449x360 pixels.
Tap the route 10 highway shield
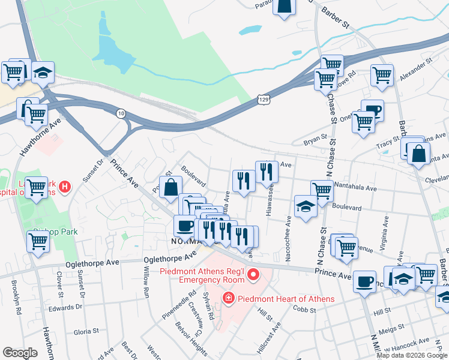click(121, 113)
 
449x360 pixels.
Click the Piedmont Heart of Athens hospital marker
click(228, 298)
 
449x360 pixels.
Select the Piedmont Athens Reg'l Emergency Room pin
click(253, 275)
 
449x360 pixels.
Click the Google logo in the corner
click(20, 353)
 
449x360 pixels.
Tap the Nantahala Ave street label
click(356, 188)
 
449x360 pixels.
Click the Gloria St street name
click(86, 331)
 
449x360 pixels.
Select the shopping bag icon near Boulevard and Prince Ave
click(170, 187)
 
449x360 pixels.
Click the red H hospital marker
click(65, 187)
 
